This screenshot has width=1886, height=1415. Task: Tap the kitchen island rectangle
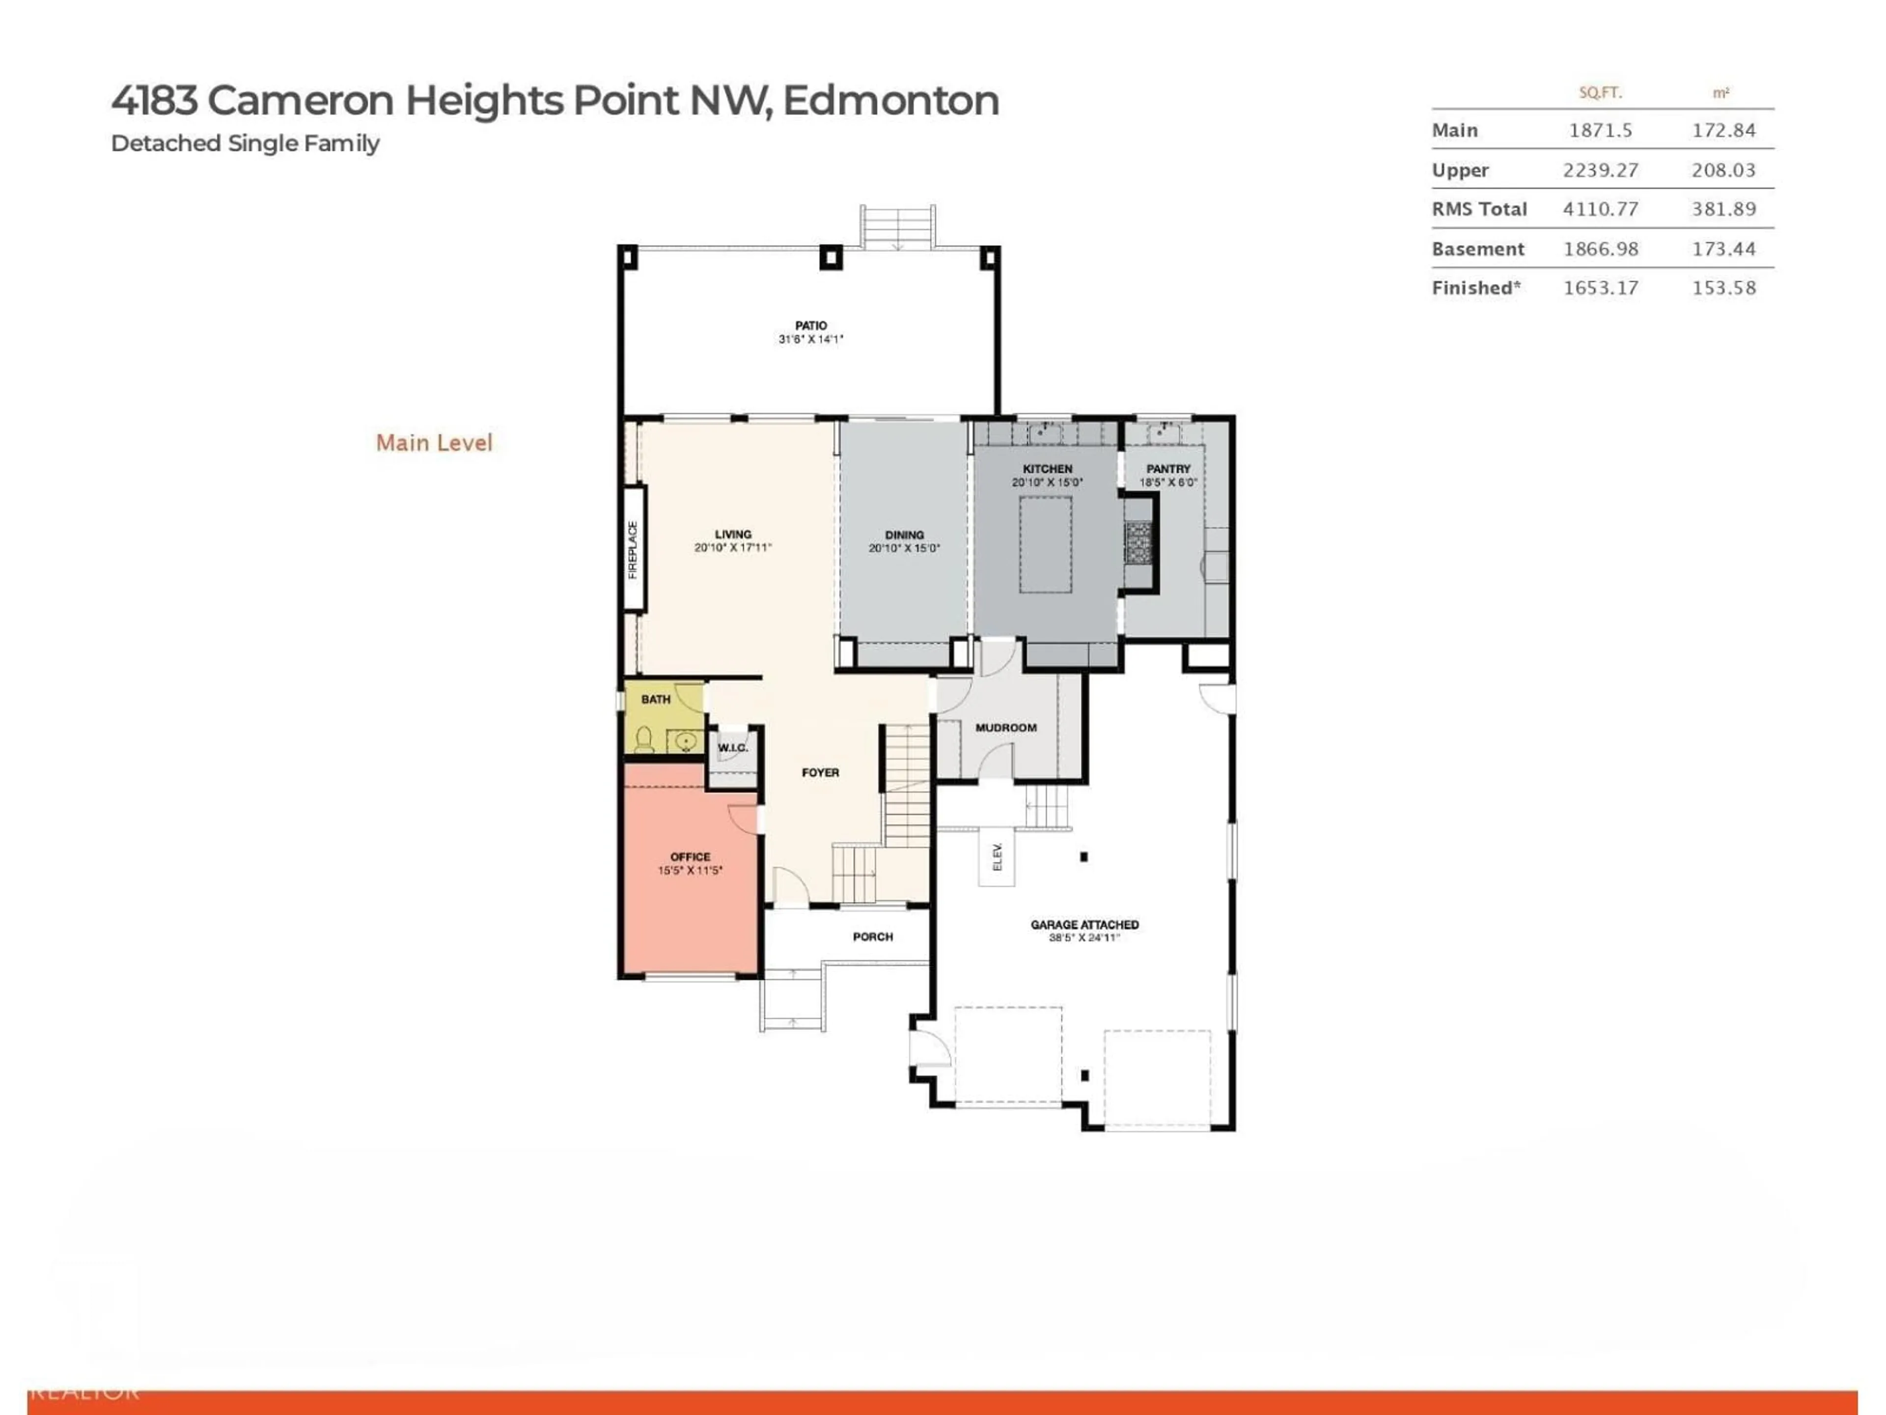(1045, 544)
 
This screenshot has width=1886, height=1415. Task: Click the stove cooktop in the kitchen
(1137, 543)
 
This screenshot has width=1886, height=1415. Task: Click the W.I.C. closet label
(732, 748)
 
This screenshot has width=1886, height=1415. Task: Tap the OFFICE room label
(690, 856)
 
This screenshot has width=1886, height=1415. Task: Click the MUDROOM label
(1006, 728)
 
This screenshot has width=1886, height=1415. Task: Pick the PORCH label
(872, 936)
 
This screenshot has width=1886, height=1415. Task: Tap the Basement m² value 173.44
(1723, 249)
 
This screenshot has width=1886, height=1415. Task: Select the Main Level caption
(434, 443)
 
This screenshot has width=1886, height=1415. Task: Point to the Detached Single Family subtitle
(245, 143)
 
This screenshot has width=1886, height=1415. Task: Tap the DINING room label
(904, 535)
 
